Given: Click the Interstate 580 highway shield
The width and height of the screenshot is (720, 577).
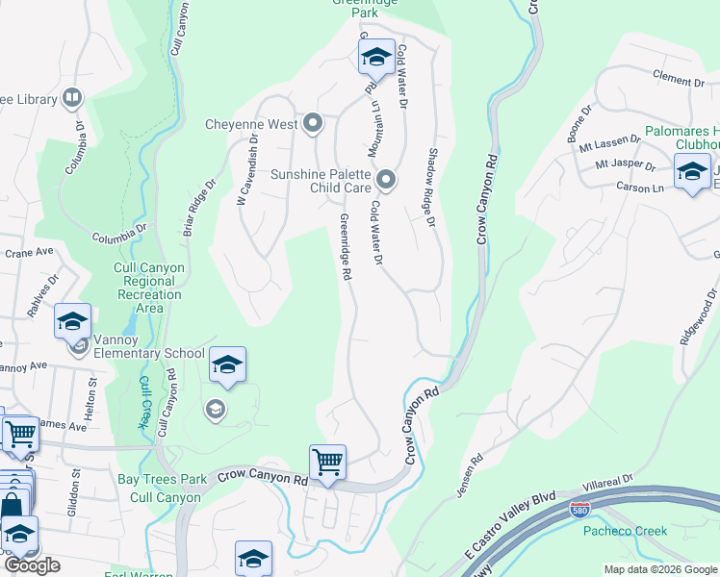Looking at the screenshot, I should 579,510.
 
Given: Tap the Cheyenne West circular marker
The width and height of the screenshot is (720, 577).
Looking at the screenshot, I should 313,124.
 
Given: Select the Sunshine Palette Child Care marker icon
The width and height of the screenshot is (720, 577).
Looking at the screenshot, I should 386,180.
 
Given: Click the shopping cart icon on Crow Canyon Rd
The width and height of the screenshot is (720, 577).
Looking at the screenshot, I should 327,463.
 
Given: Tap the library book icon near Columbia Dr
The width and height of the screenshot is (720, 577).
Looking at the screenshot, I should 71,97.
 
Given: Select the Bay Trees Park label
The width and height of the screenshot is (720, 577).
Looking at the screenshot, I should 162,478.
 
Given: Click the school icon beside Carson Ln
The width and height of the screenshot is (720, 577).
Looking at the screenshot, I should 691,173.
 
